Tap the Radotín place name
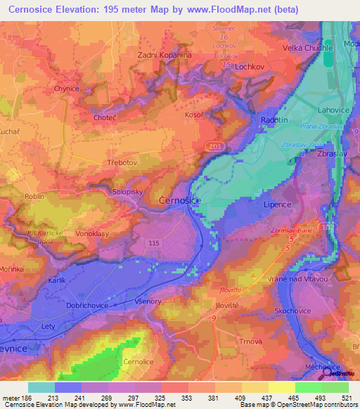point(274,119)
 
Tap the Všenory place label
point(148,301)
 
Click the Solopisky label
point(129,190)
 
